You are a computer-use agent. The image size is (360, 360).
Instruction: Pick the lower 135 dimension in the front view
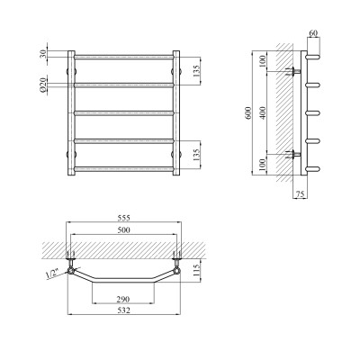pyautogui.click(x=207, y=153)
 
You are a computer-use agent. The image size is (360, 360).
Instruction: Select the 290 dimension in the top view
pyautogui.click(x=125, y=298)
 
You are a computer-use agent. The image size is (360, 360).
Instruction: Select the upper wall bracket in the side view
pyautogui.click(x=293, y=70)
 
